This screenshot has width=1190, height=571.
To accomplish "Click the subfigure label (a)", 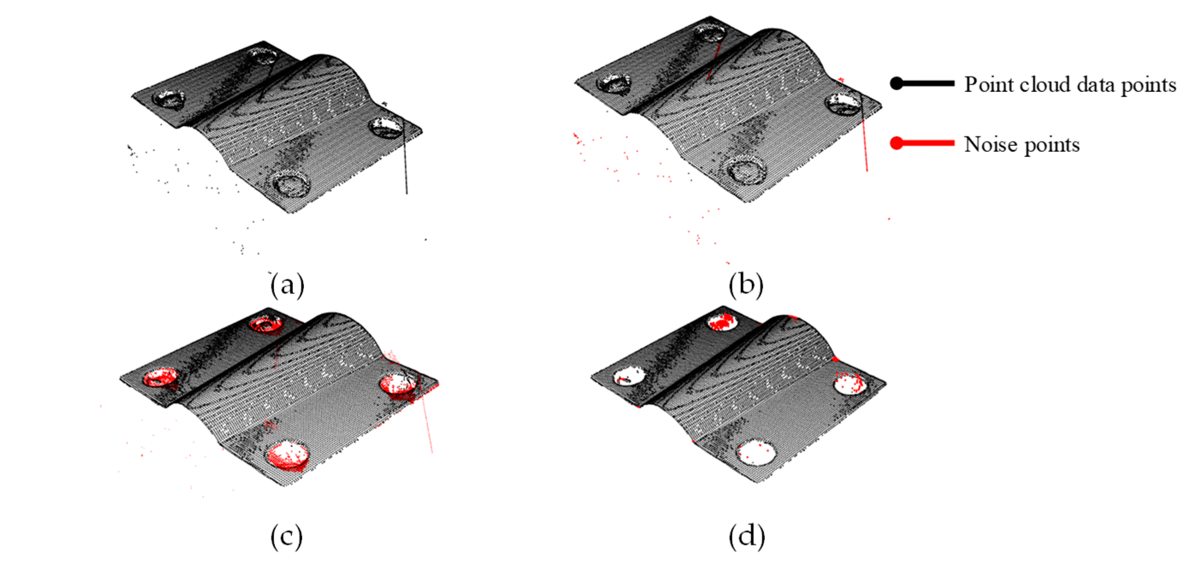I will pyautogui.click(x=287, y=285).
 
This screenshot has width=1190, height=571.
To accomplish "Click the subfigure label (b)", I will pyautogui.click(x=745, y=285).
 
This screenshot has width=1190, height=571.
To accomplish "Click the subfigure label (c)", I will pyautogui.click(x=287, y=537).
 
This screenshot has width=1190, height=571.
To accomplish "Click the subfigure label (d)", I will pyautogui.click(x=746, y=537).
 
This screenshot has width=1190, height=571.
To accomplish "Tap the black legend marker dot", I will pyautogui.click(x=896, y=84).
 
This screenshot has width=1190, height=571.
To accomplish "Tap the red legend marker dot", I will pyautogui.click(x=896, y=143).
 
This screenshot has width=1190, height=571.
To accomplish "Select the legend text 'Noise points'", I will pyautogui.click(x=1022, y=144).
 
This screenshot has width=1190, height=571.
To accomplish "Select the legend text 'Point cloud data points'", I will pyautogui.click(x=1069, y=85).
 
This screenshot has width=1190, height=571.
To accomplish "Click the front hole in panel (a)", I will pyautogui.click(x=291, y=183).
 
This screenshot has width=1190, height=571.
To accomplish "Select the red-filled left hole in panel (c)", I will pyautogui.click(x=160, y=377).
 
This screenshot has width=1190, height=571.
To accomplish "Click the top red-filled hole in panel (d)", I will pyautogui.click(x=722, y=321).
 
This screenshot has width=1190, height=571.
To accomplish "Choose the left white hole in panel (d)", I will pyautogui.click(x=628, y=376).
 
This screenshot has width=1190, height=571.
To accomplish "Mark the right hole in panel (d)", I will pyautogui.click(x=850, y=383).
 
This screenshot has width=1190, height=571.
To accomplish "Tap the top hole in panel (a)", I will pyautogui.click(x=262, y=56).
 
